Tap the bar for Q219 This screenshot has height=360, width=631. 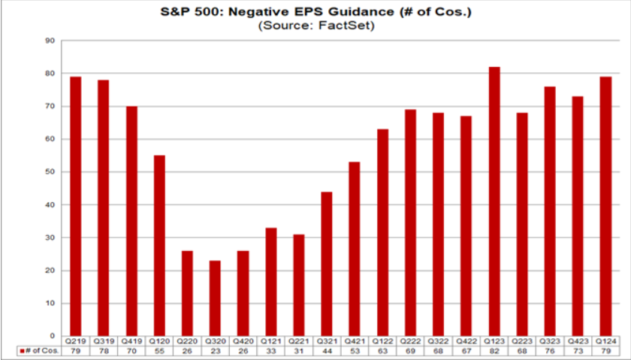tap(76, 206)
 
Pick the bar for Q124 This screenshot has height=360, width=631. tap(605, 206)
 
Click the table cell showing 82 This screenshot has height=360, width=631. tap(494, 352)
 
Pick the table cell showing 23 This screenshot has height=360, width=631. tap(216, 352)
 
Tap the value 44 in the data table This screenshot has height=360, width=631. tap(327, 352)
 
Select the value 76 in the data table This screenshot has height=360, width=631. tap(549, 352)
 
